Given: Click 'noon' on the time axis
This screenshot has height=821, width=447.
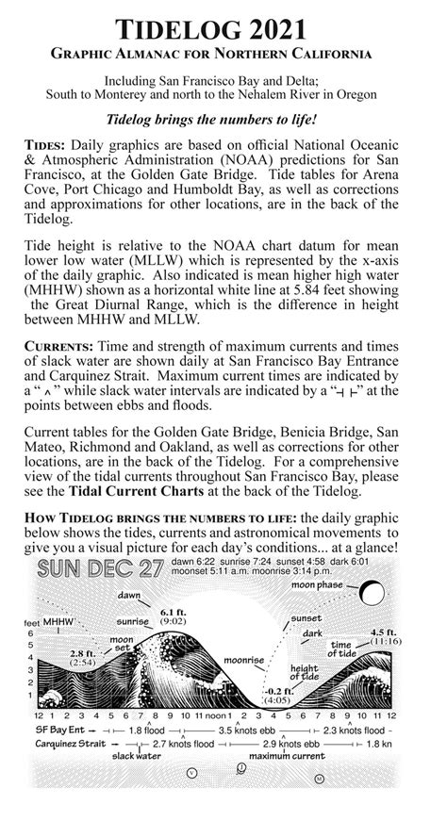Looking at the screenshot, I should (x=211, y=717).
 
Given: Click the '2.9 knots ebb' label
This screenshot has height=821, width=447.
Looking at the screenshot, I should (x=284, y=743).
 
